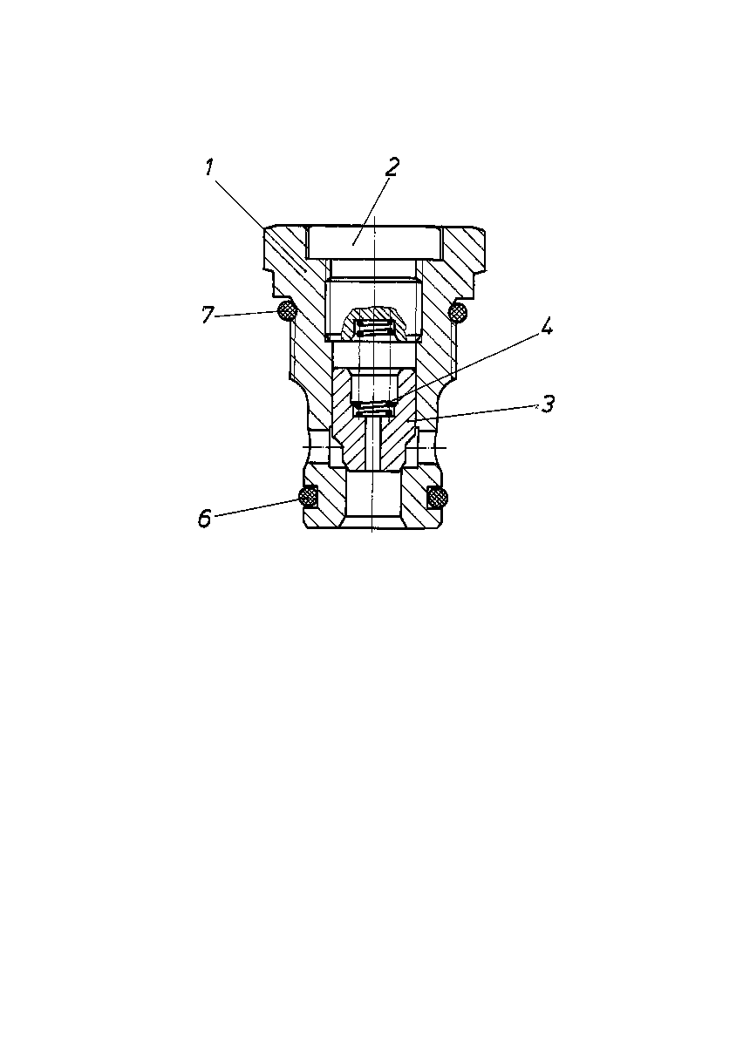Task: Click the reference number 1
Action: pos(209,167)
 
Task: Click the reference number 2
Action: pos(392,166)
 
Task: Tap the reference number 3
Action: pos(547,404)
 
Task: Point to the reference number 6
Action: pos(204,518)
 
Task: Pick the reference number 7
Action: pos(208,315)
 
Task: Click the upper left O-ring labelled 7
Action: pos(286,310)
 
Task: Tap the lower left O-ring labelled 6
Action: pos(309,497)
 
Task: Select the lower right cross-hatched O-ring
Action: pos(438,497)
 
